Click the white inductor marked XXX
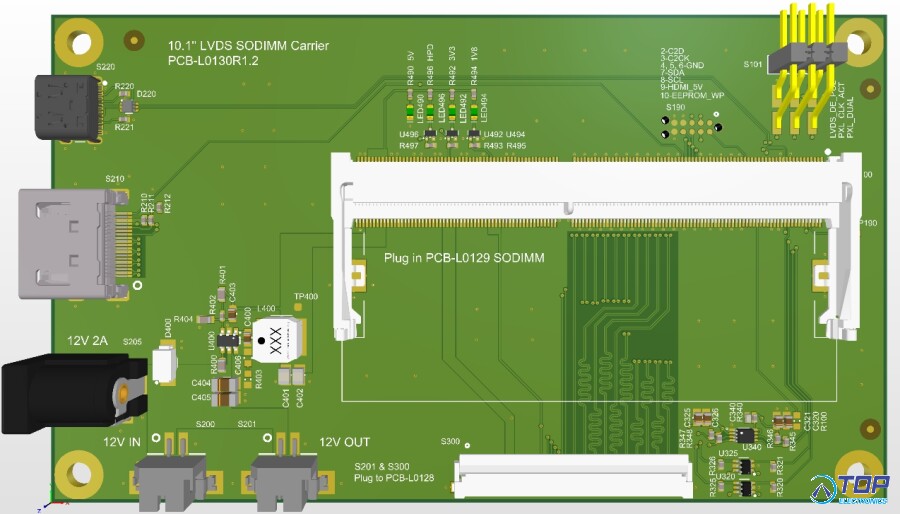click(x=275, y=339)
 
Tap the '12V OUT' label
click(x=344, y=442)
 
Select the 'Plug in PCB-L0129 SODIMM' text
click(x=464, y=258)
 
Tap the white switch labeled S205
click(x=162, y=366)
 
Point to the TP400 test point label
click(x=306, y=296)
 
